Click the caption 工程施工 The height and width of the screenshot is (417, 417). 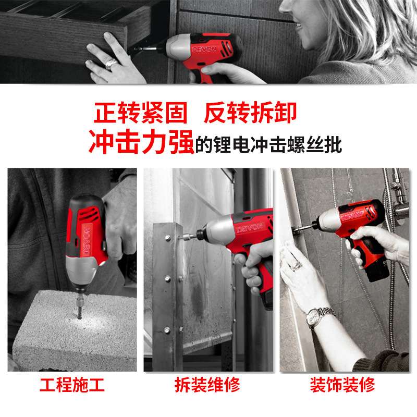[72, 385]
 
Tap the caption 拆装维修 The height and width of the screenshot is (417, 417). [207, 385]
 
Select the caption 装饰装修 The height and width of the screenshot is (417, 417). [342, 385]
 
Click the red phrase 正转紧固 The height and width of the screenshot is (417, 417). [140, 113]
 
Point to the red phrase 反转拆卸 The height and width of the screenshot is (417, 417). [250, 113]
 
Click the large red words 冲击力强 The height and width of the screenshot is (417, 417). [141, 142]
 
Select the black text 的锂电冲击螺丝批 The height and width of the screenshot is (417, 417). [268, 145]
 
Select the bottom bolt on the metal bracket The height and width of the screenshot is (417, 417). [167, 330]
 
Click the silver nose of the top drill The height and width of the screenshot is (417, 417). [176, 46]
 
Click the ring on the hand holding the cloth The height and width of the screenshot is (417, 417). [297, 265]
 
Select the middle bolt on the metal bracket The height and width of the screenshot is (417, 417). [167, 279]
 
